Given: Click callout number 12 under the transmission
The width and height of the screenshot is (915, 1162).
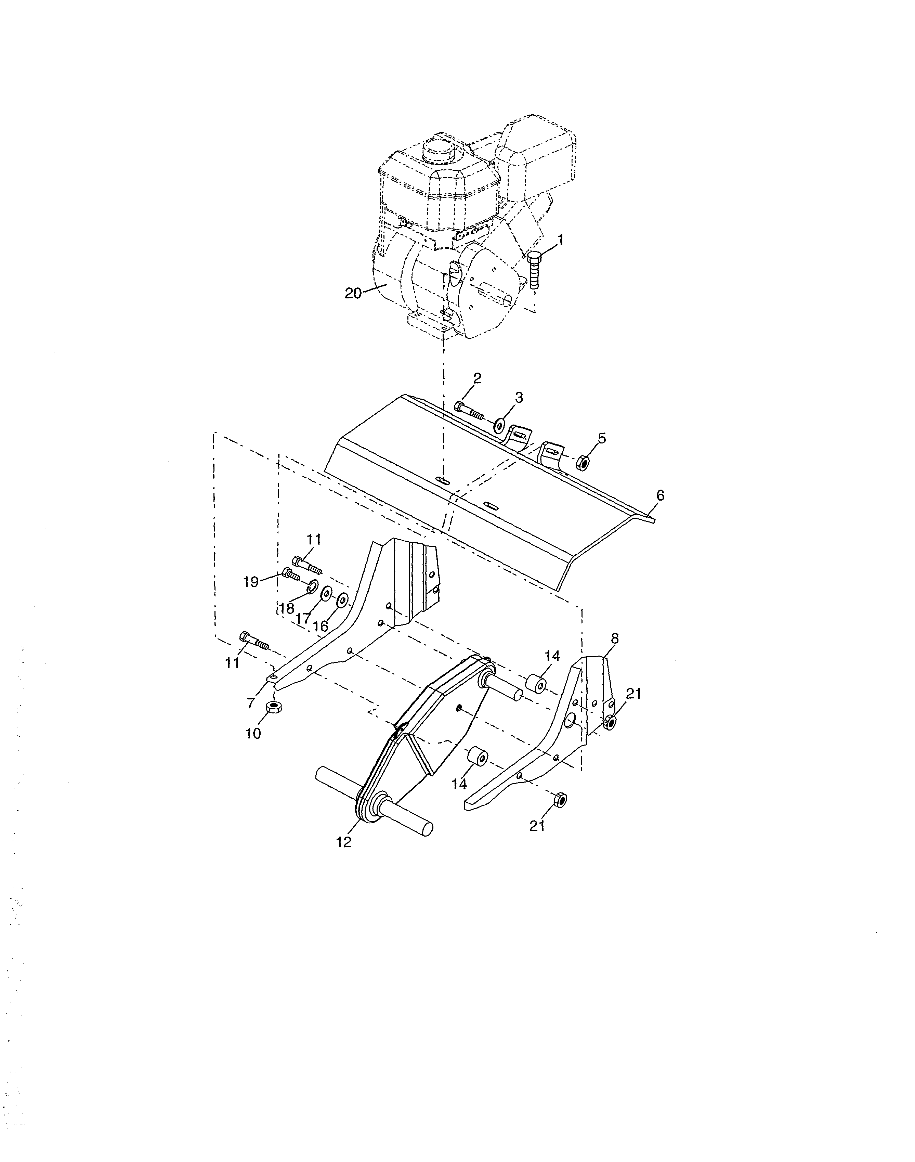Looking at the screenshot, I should [344, 842].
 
